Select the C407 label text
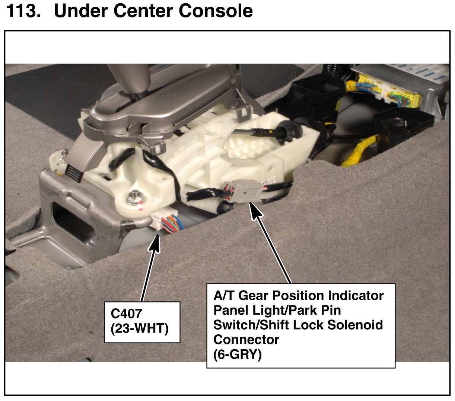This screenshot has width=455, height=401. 127,314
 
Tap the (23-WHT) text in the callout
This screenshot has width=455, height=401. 140,328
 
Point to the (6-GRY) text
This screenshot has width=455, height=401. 238,354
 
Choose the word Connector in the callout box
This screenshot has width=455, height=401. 246,340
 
